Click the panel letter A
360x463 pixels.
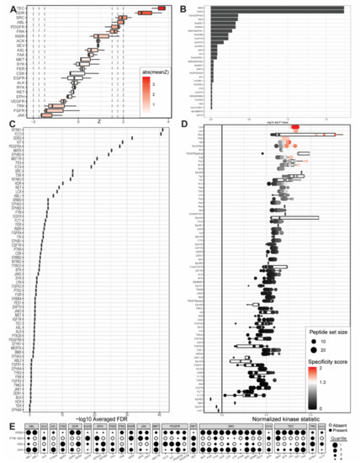pyautogui.click(x=8, y=6)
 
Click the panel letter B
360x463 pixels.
pyautogui.click(x=185, y=6)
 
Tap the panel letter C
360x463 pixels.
pyautogui.click(x=8, y=128)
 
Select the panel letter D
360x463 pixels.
pyautogui.click(x=185, y=128)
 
